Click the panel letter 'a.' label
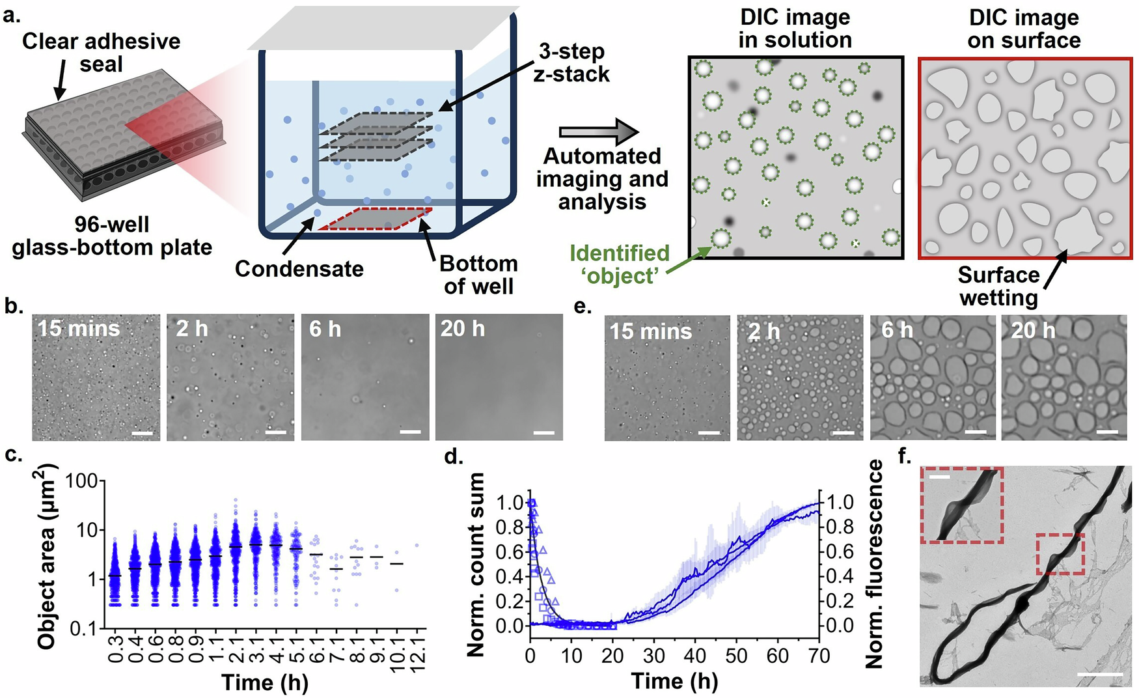coord(12,14)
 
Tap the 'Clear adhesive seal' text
coord(101,52)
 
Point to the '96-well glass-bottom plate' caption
coord(112,236)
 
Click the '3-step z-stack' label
coord(571,63)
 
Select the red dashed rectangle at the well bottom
coord(376,219)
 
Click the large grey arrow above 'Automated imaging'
coord(599,132)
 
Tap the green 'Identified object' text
coord(619,264)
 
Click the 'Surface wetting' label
coord(998,286)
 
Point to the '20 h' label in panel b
coord(462,329)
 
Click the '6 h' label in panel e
coord(897,330)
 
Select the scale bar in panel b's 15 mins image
coord(142,432)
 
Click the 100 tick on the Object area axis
coord(81,481)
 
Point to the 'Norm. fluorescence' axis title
coord(873,564)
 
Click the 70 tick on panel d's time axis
coord(817,656)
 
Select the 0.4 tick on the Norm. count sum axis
coord(510,576)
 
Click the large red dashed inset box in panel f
coord(961,505)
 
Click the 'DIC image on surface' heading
coord(1024,29)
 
